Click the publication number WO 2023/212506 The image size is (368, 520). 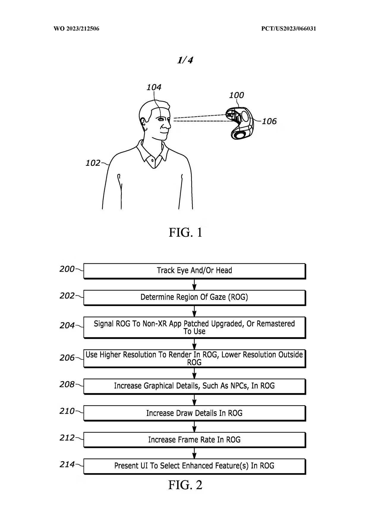pyautogui.click(x=76, y=29)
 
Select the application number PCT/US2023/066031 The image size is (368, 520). pyautogui.click(x=288, y=29)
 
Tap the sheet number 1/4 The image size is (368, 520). pyautogui.click(x=185, y=60)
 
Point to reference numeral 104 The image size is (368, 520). pyautogui.click(x=154, y=87)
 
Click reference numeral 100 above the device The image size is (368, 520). pyautogui.click(x=236, y=95)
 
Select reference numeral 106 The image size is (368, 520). pyautogui.click(x=269, y=121)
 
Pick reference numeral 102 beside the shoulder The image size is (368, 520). pyautogui.click(x=93, y=163)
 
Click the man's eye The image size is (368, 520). pyautogui.click(x=161, y=119)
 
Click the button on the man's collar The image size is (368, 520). pyautogui.click(x=153, y=160)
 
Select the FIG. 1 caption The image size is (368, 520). pyautogui.click(x=185, y=232)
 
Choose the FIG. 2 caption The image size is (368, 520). pyautogui.click(x=185, y=485)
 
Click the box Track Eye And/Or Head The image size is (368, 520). pyautogui.click(x=194, y=271)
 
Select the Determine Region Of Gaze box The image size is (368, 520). pyautogui.click(x=194, y=297)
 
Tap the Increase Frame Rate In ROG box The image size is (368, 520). pyautogui.click(x=194, y=440)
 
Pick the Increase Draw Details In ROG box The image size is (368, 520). pyautogui.click(x=194, y=413)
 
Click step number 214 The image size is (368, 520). pyautogui.click(x=67, y=464)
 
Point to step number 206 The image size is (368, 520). pyautogui.click(x=67, y=358)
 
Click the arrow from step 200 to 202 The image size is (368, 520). pyautogui.click(x=194, y=284)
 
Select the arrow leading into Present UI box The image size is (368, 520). pyautogui.click(x=194, y=453)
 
